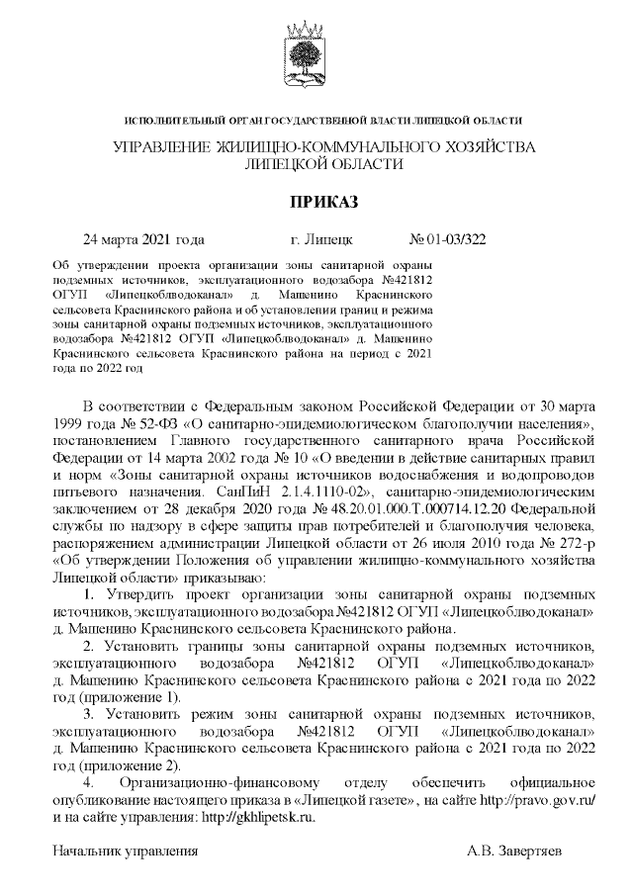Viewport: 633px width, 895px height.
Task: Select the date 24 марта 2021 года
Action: (x=143, y=239)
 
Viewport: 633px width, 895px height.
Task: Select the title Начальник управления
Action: (x=127, y=850)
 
